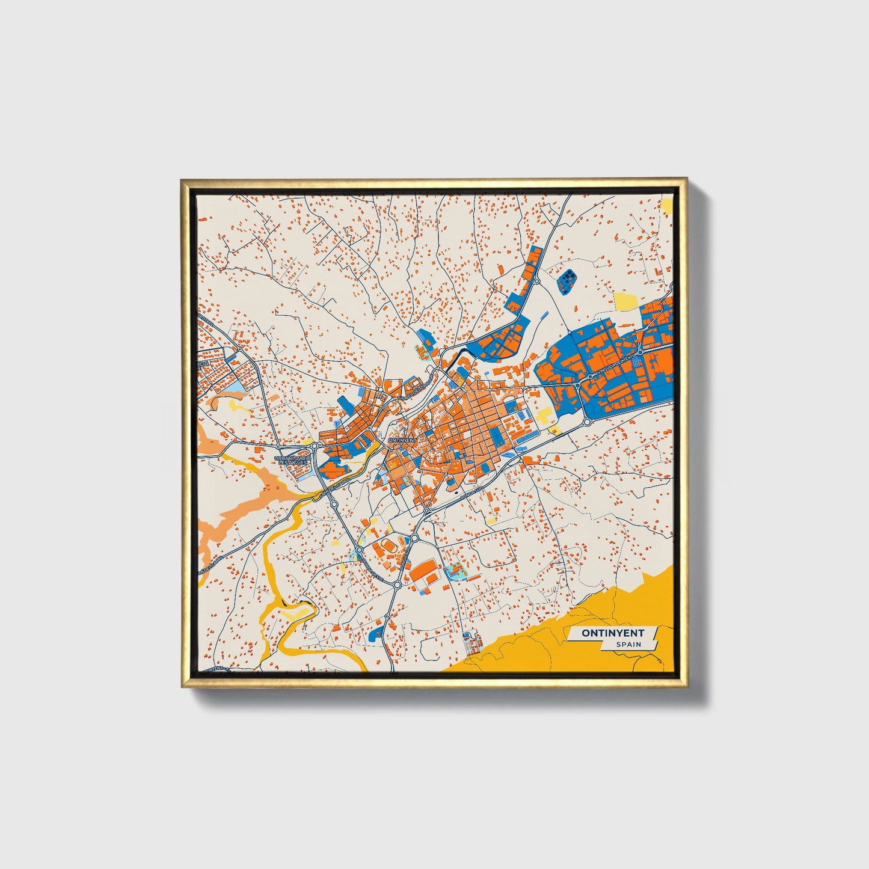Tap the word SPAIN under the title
628,644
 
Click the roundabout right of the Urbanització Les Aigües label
314,446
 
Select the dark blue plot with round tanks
567,281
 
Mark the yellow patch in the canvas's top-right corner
666,204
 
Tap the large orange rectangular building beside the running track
425,570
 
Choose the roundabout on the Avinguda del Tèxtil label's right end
640,351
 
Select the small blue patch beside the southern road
376,631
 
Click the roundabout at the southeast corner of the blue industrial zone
587,422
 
